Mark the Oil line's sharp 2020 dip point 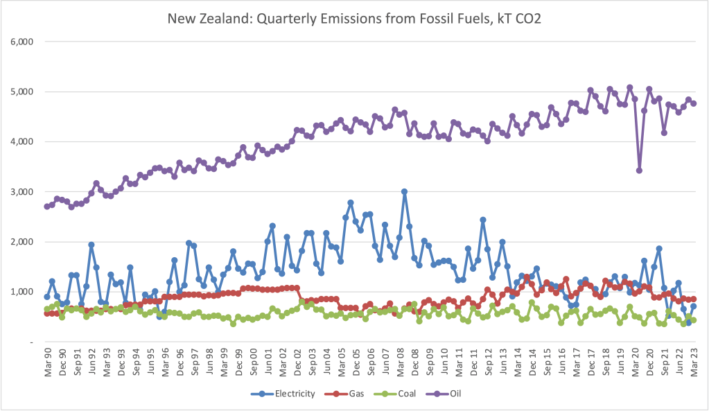(639, 170)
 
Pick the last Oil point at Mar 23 (693, 103)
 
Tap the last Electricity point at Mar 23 (693, 306)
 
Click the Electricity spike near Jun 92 (91, 245)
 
